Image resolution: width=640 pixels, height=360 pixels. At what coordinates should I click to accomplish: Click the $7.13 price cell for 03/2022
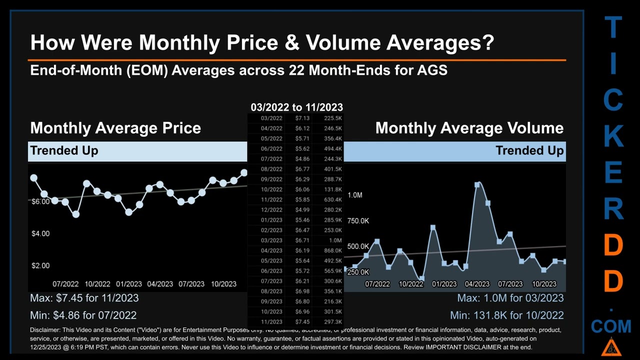(x=302, y=118)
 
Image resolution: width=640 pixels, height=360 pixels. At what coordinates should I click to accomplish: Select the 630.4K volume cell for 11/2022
(x=332, y=199)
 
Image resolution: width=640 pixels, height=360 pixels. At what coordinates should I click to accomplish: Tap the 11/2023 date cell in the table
(x=271, y=322)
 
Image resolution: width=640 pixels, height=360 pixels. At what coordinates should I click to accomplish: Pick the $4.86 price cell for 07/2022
(x=302, y=159)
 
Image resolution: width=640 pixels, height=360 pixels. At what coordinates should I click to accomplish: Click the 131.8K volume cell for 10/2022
(x=332, y=189)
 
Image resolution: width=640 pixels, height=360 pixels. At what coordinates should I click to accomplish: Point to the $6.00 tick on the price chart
(x=40, y=201)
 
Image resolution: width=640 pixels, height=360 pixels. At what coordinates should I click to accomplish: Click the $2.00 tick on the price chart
(x=40, y=265)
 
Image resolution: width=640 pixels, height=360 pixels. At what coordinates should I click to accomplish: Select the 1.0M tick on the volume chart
(x=354, y=195)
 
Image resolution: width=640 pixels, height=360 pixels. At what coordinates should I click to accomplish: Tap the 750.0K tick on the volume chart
(x=358, y=220)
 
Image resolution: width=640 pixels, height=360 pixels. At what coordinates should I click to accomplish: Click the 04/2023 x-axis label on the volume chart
(x=477, y=284)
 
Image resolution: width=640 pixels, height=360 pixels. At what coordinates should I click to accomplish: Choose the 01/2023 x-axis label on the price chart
(x=128, y=284)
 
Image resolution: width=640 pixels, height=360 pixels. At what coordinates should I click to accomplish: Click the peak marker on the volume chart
(x=477, y=184)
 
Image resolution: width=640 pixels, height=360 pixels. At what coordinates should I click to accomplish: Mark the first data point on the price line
(x=33, y=177)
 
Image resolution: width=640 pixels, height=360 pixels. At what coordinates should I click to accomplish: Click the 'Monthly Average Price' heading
(x=115, y=128)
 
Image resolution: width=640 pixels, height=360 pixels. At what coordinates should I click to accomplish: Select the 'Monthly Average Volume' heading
(x=469, y=128)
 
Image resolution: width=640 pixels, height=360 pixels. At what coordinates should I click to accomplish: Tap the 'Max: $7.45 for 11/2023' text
(x=84, y=298)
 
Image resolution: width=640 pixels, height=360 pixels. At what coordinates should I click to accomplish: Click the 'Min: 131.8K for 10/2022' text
(x=506, y=315)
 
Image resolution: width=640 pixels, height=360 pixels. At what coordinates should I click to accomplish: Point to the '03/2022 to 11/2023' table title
(x=296, y=107)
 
